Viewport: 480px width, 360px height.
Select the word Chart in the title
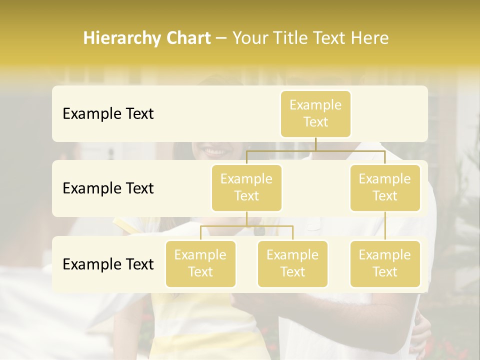pos(187,38)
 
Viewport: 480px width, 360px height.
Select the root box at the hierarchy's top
pos(315,114)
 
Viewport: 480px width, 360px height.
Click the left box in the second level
pos(246,188)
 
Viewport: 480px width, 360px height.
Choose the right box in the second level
pos(385,188)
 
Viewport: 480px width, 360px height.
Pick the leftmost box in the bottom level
pos(200,264)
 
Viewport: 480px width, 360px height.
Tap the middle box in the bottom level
pos(292,264)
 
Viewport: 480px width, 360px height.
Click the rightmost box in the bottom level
pos(385,264)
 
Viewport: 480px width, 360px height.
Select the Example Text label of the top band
pos(108,114)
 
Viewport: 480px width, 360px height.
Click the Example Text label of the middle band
pos(108,188)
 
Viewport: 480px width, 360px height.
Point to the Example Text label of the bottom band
pos(108,264)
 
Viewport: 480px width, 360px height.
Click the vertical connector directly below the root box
pos(315,144)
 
